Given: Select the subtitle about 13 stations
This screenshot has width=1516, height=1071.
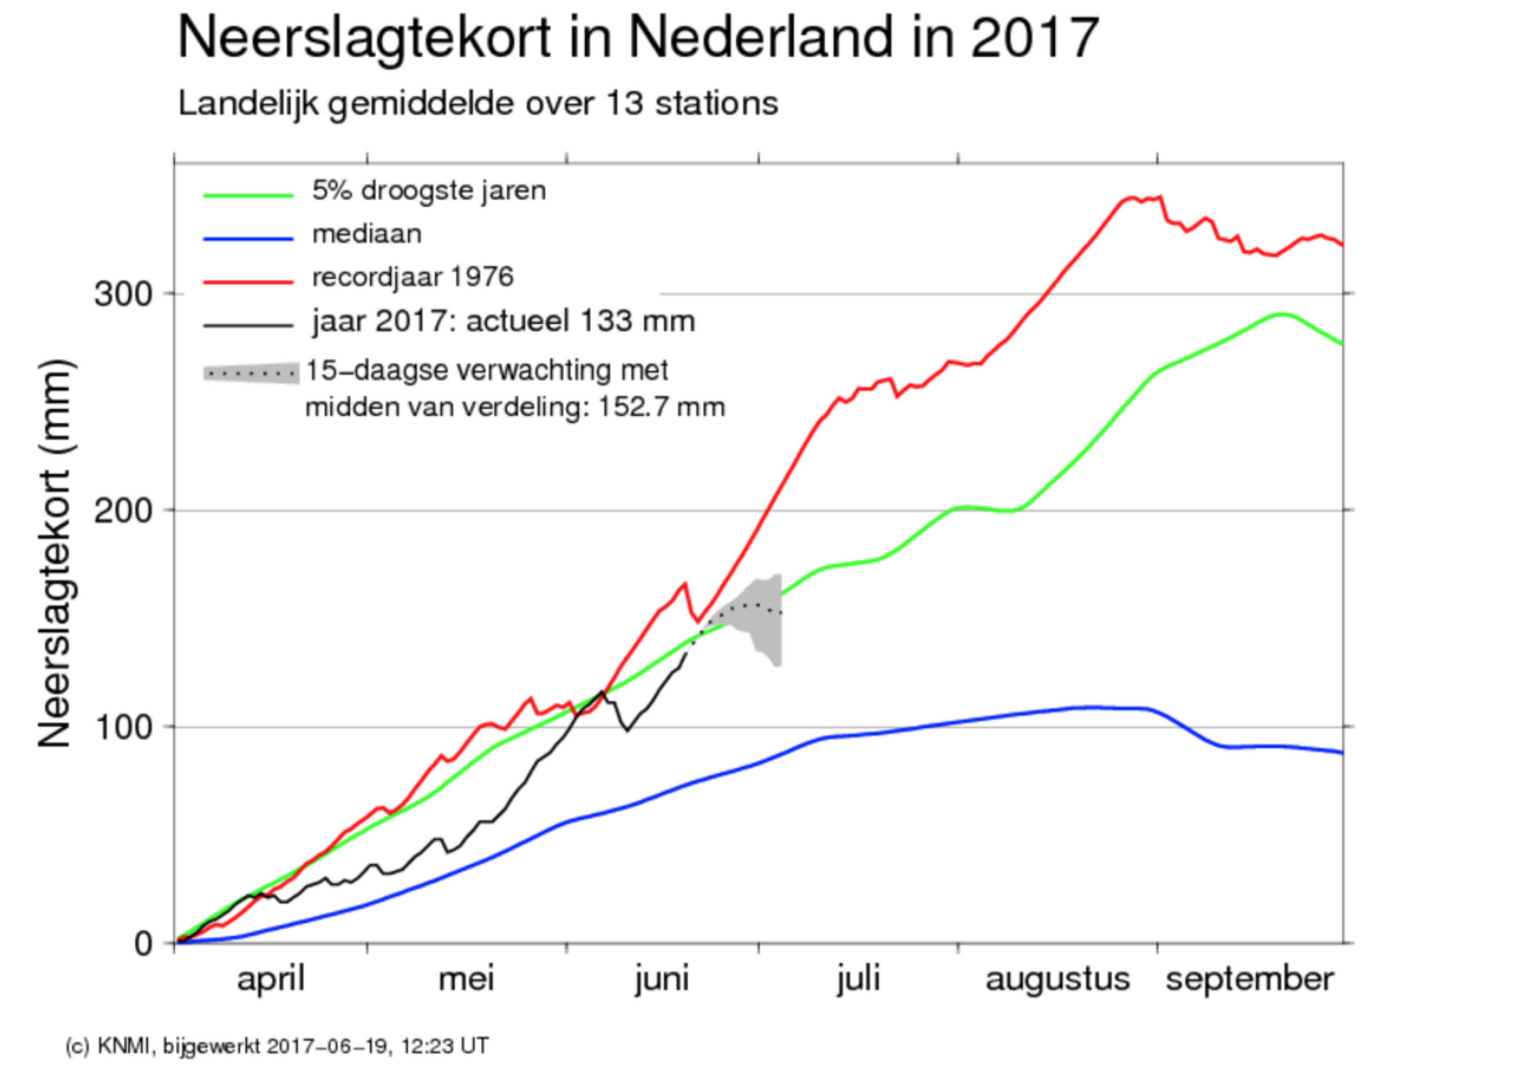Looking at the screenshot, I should click(x=478, y=104).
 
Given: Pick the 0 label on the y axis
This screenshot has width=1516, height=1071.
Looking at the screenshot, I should click(x=144, y=944).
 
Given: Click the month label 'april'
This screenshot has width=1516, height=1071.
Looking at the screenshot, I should click(x=271, y=979).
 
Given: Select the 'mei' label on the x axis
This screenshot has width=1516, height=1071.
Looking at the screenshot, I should click(x=466, y=979).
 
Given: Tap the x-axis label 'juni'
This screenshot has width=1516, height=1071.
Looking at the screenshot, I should click(x=662, y=979).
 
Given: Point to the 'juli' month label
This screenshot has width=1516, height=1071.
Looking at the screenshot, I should click(x=859, y=979).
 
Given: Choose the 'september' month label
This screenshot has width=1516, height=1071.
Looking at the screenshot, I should click(x=1249, y=979).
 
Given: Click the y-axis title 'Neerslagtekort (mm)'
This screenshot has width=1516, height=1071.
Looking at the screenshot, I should click(x=55, y=553).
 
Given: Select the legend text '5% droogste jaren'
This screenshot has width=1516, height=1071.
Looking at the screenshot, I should click(x=429, y=191).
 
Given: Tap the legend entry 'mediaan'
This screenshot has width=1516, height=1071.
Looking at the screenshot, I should click(x=367, y=234).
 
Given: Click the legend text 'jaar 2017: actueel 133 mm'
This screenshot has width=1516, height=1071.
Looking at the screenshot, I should click(x=504, y=322).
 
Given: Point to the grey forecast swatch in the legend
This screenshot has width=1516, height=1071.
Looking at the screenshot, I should click(x=251, y=373).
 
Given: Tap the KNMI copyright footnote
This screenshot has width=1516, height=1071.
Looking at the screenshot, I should click(x=277, y=1046).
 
